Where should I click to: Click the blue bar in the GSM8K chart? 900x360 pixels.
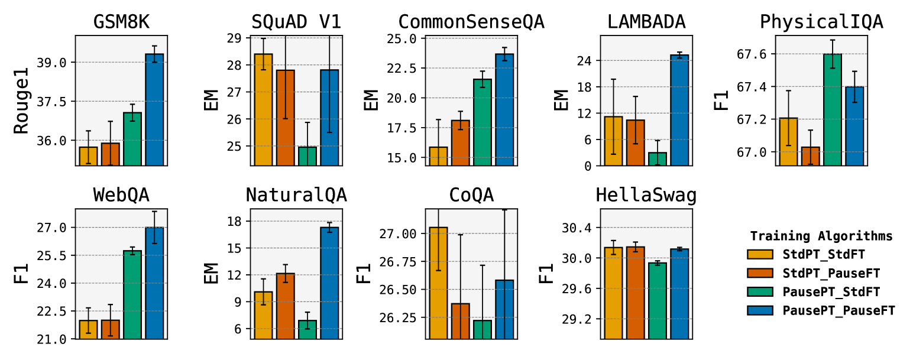154,109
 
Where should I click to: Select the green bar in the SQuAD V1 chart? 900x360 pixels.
307,156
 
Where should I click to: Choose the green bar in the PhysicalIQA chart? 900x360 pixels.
832,109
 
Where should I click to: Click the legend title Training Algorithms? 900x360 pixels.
821,236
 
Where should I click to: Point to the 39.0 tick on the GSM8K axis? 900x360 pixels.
57,62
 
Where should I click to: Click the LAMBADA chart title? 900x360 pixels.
646,22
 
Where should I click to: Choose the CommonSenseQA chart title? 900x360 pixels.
471,22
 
